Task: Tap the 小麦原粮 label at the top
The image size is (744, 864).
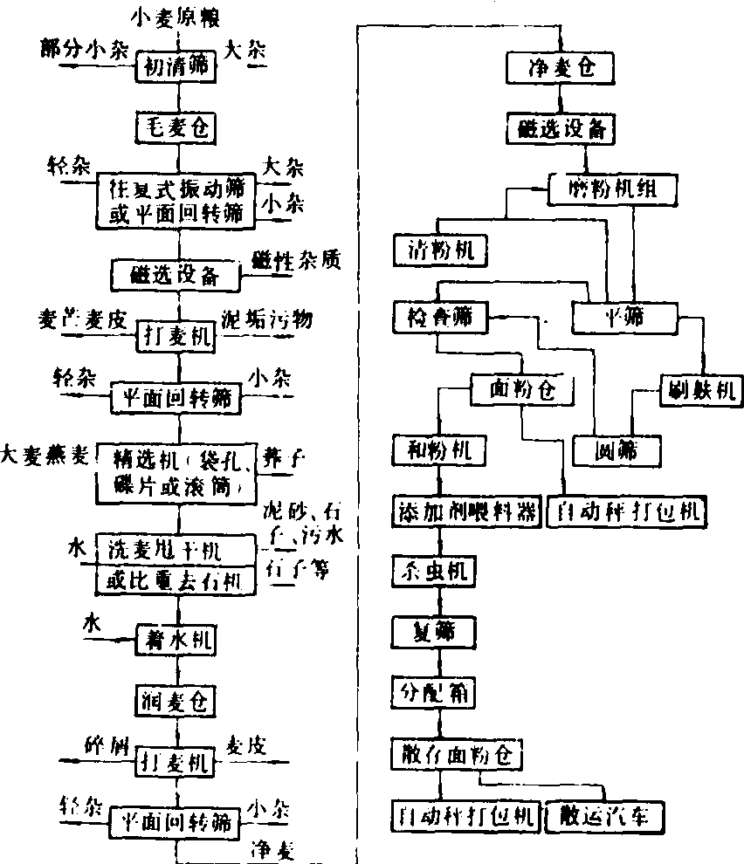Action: (x=176, y=15)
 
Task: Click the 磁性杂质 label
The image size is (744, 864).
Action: (x=295, y=258)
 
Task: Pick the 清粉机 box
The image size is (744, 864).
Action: (x=439, y=250)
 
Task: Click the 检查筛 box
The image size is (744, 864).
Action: (x=439, y=316)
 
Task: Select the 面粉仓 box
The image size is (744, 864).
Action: (x=521, y=388)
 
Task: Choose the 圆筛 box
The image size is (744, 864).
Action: (x=616, y=450)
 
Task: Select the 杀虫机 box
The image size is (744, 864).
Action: (x=434, y=573)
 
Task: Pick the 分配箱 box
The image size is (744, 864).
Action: (x=434, y=694)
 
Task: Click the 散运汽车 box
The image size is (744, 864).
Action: (x=603, y=817)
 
